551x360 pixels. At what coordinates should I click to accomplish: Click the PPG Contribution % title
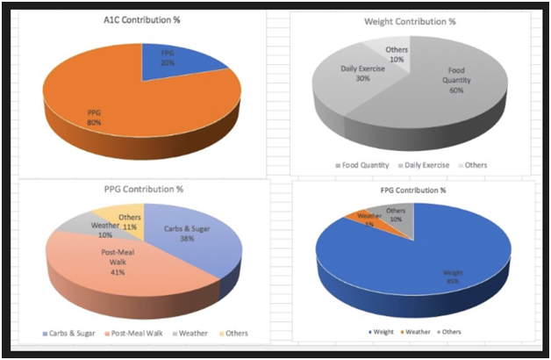142,190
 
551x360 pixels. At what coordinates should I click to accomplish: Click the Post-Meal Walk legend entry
138,333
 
